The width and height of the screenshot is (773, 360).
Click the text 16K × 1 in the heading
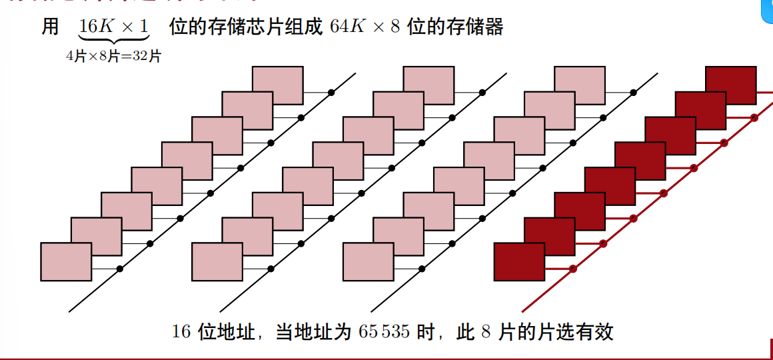coord(113,28)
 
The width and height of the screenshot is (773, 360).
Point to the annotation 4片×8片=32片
coord(113,57)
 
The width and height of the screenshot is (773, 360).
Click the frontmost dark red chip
coord(519,262)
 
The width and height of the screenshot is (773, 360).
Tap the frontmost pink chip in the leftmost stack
coord(66,262)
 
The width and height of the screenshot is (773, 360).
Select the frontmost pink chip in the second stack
coord(217,262)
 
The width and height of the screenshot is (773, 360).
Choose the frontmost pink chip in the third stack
coord(368,262)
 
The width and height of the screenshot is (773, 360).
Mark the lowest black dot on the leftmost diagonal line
coord(120,269)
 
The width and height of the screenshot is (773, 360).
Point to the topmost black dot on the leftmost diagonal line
coord(331,93)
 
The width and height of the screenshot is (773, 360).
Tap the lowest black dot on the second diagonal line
coord(271,269)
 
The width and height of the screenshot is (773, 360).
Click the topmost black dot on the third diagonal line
coord(633,93)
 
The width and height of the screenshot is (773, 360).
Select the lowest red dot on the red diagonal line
coord(572,269)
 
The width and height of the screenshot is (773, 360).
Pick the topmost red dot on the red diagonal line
coord(754,117)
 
